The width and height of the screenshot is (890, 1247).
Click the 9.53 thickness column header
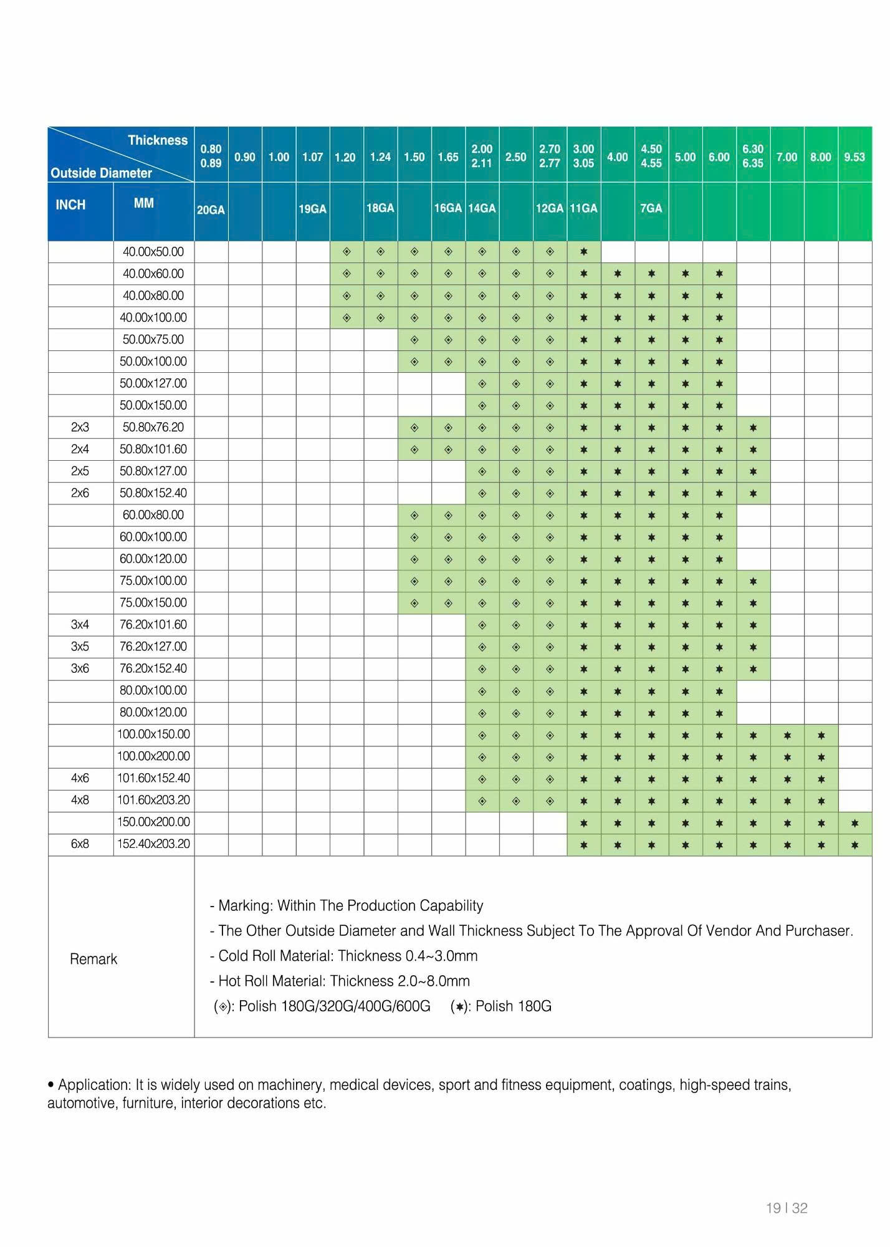(854, 157)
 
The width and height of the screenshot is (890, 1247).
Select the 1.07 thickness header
(312, 157)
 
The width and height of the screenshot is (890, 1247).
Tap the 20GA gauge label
(211, 210)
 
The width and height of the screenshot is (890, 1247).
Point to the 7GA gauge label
(651, 208)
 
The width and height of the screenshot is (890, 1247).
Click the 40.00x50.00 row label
(153, 252)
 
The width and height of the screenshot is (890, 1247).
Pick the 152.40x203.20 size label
(153, 844)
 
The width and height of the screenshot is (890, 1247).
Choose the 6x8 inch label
(80, 844)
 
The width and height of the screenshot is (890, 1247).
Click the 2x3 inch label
(80, 427)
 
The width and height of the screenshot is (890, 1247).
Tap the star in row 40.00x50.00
(584, 252)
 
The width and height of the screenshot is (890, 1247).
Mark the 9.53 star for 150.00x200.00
(854, 823)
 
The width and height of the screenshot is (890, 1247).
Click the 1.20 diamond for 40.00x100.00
(347, 318)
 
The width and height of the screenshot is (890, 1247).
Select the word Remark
(93, 959)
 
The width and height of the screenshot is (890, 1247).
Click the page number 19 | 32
(787, 1208)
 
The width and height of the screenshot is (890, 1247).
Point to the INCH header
(70, 205)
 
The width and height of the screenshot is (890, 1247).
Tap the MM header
(143, 203)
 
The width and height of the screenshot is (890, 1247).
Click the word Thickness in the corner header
(158, 140)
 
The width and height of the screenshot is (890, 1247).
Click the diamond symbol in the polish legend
(222, 1006)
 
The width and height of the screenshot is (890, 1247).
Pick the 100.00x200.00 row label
(153, 756)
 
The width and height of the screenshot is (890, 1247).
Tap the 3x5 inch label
(80, 647)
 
